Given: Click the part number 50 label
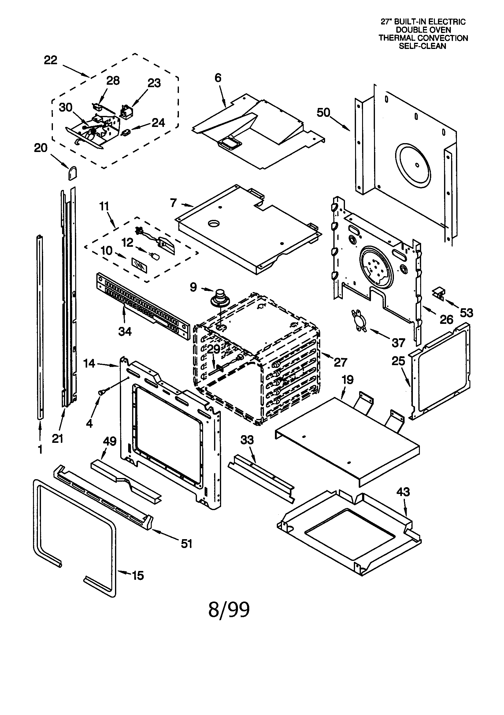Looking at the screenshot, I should click(x=323, y=113).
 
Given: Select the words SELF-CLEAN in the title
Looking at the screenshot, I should click(x=423, y=46).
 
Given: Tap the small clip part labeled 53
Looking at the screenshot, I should click(x=439, y=293).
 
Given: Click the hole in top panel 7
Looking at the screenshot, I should click(x=214, y=223).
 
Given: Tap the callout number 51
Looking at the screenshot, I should click(x=186, y=543).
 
